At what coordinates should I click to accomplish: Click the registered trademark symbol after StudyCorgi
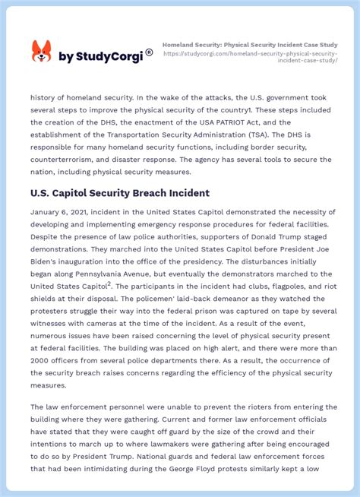pos(149,52)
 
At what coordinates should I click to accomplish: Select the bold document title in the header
pos(250,45)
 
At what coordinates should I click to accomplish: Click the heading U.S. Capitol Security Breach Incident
pos(120,193)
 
